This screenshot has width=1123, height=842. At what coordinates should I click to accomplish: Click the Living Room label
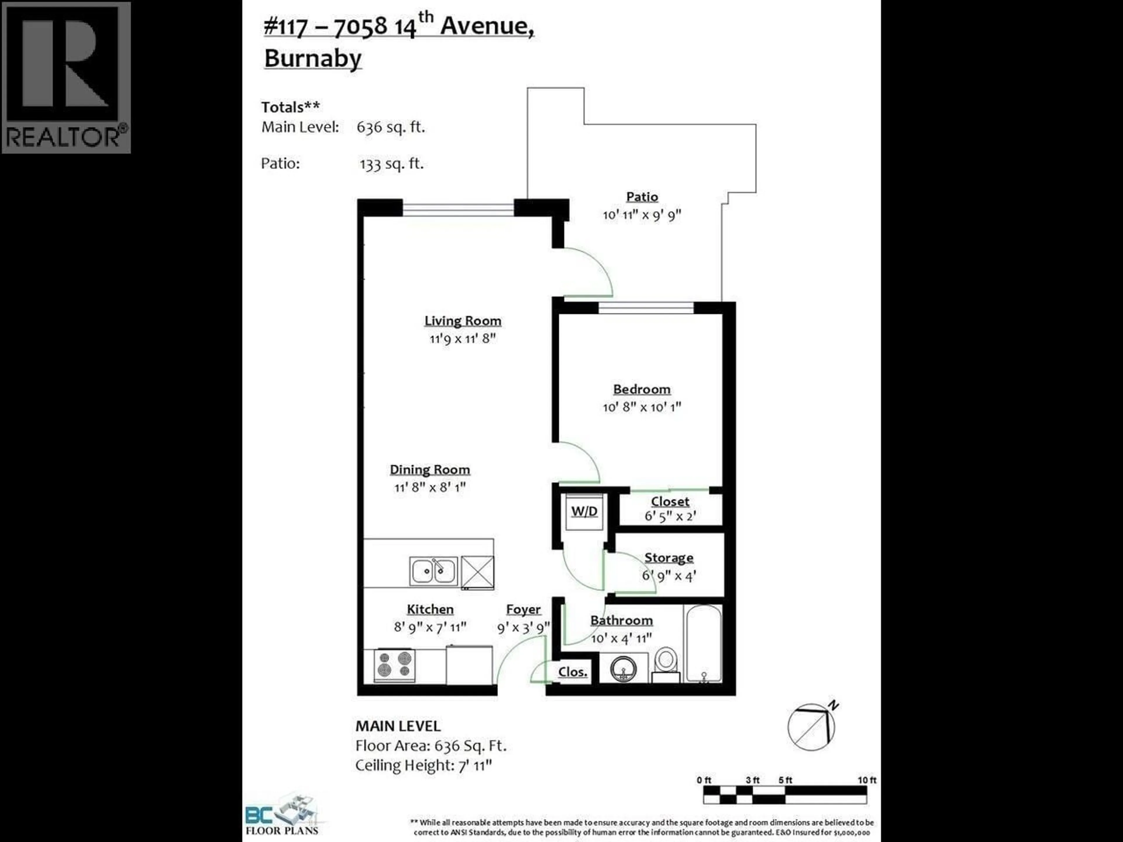click(462, 321)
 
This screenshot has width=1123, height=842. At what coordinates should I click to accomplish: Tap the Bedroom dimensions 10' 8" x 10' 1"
click(642, 407)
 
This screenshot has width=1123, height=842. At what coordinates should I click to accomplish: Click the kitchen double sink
click(433, 571)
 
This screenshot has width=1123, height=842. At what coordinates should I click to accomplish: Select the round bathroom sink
click(623, 669)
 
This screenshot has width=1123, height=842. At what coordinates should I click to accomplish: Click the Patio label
click(642, 197)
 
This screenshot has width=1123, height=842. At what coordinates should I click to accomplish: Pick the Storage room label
click(669, 558)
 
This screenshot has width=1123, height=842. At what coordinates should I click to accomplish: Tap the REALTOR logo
click(66, 77)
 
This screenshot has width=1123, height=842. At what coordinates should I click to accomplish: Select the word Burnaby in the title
click(313, 58)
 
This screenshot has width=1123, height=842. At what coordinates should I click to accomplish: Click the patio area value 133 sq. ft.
click(391, 164)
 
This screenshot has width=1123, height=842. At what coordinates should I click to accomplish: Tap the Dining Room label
click(430, 470)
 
